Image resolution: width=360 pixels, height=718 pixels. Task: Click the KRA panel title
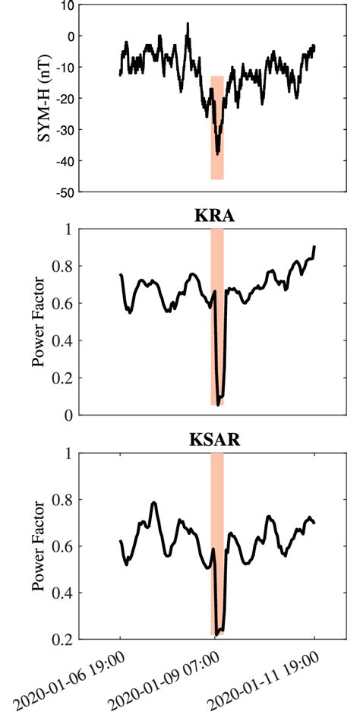pyautogui.click(x=216, y=216)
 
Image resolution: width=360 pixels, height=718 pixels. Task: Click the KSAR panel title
pyautogui.click(x=216, y=441)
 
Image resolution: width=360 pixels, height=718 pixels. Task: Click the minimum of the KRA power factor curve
pyautogui.click(x=218, y=405)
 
